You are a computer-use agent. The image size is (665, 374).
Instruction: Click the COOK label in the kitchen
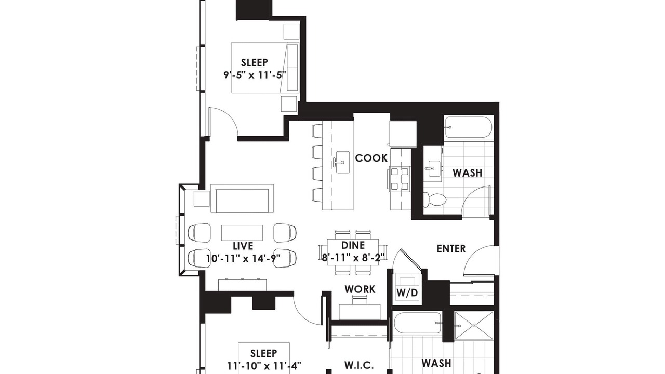(x=371, y=158)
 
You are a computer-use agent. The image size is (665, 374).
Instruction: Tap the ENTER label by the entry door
(x=451, y=249)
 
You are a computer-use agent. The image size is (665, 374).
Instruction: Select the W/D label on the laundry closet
(x=407, y=293)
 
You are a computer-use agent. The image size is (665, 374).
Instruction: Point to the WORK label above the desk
(x=360, y=289)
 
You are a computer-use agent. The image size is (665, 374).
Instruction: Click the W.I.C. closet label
(x=358, y=365)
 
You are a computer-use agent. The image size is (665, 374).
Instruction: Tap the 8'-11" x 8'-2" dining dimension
(x=353, y=258)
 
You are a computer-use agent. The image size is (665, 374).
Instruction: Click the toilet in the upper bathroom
(x=434, y=199)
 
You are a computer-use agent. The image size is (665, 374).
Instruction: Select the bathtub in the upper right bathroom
(x=468, y=127)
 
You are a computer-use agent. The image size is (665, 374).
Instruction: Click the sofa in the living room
(x=242, y=198)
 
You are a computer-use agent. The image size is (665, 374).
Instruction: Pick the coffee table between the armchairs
(x=242, y=233)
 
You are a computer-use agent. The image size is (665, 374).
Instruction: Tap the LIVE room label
(x=243, y=246)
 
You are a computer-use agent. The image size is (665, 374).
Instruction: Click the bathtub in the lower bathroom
(x=417, y=323)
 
